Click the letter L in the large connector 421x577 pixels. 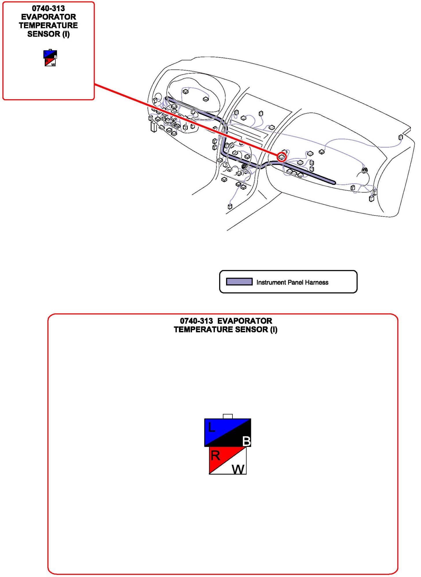[212, 427]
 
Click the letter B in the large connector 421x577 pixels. [247, 441]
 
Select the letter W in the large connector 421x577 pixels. [238, 469]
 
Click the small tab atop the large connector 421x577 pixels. [228, 416]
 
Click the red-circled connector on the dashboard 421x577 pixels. [282, 157]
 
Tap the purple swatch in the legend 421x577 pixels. [239, 282]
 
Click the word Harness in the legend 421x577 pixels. [316, 282]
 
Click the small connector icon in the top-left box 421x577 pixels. [50, 58]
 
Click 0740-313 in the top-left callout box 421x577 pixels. [49, 8]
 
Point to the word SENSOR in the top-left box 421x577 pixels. [44, 34]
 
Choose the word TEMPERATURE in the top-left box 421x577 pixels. [49, 25]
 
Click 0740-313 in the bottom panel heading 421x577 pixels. [196, 321]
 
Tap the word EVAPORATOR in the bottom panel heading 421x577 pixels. [245, 321]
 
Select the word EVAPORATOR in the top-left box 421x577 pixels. [49, 17]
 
